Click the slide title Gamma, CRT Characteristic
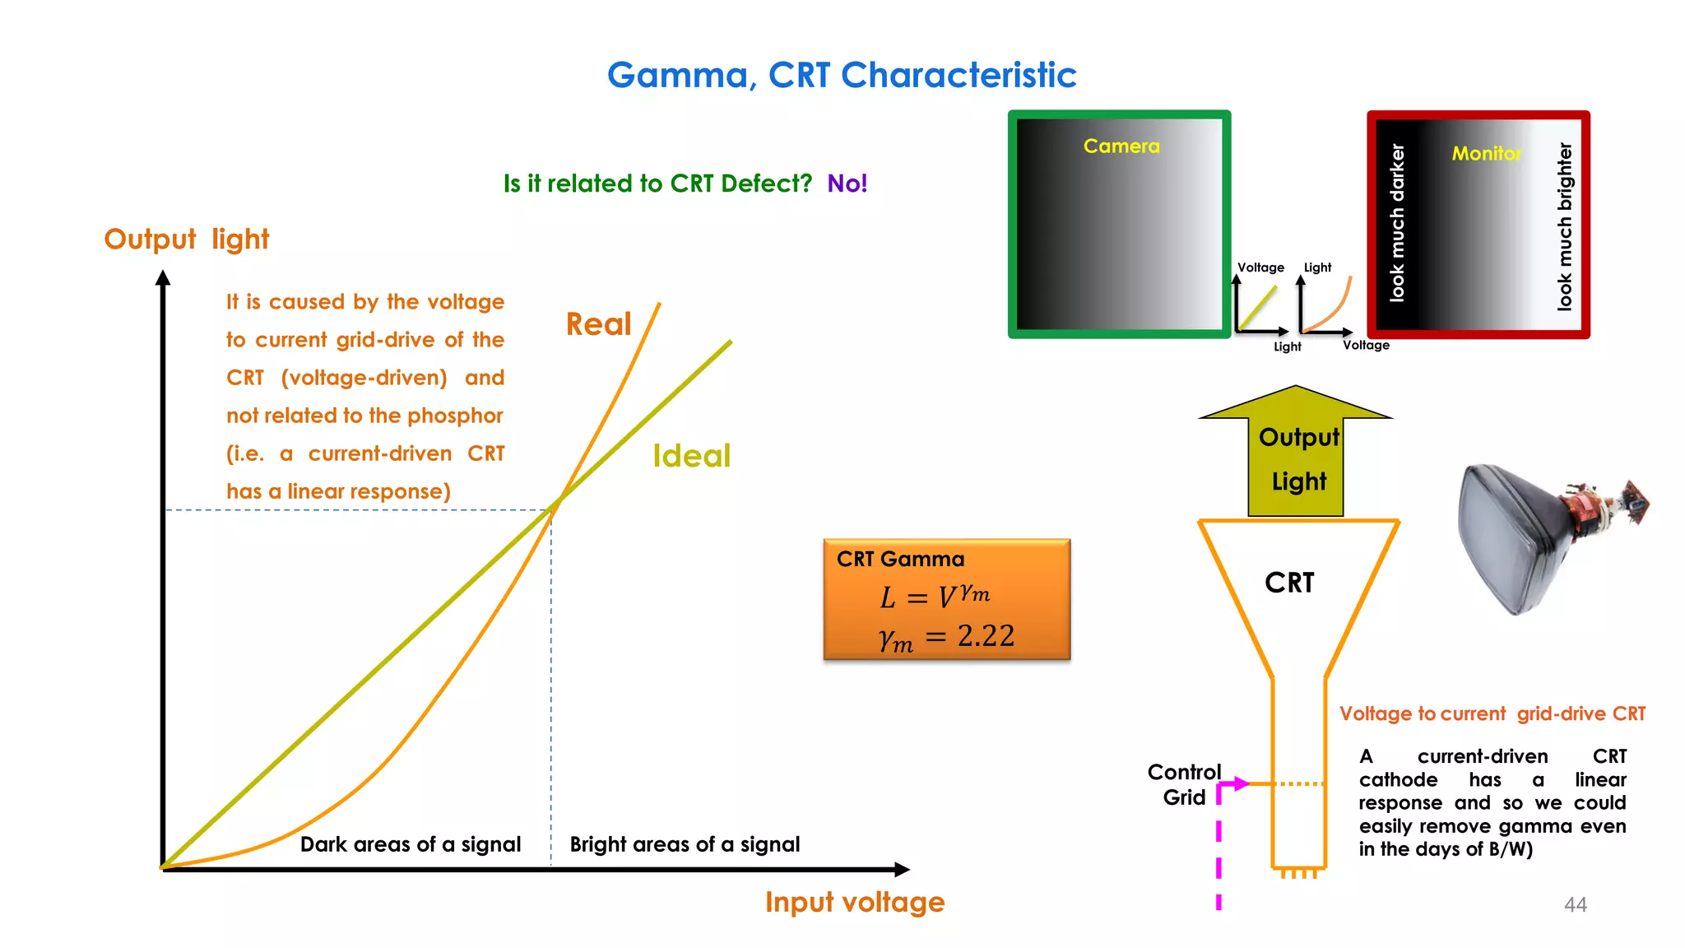841,75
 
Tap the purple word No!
847,183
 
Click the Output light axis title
186,239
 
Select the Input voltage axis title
854,902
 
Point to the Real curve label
598,323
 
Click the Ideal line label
691,456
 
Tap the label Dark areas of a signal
410,844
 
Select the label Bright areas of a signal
685,844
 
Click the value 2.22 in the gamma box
985,635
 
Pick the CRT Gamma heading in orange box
900,560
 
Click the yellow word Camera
1121,146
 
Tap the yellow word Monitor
1486,153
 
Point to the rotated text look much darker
1397,222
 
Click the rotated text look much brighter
1564,226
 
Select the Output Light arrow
1297,457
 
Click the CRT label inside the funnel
1289,583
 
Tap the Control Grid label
1184,784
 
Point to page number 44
1575,904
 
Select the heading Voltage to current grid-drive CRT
1492,713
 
